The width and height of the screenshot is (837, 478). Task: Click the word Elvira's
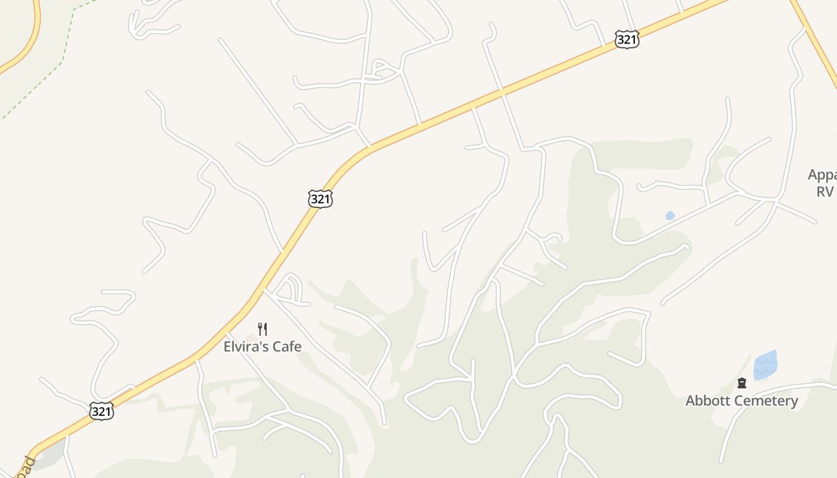click(x=244, y=347)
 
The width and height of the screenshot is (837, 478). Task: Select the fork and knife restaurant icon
click(x=262, y=329)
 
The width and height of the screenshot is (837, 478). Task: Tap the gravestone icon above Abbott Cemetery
click(x=742, y=383)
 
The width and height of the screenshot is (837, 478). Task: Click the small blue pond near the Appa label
click(x=670, y=216)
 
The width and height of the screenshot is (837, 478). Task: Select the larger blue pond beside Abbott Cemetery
click(x=765, y=365)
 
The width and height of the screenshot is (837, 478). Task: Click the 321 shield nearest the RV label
click(x=627, y=39)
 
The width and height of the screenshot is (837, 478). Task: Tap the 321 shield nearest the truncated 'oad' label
click(x=102, y=411)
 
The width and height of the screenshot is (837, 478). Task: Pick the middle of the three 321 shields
click(x=320, y=199)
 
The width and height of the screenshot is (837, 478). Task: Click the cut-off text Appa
click(x=823, y=175)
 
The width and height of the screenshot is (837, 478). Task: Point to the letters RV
click(x=825, y=191)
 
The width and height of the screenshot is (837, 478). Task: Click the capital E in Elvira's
click(x=227, y=347)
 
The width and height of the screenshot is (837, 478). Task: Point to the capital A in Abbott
click(x=690, y=401)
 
